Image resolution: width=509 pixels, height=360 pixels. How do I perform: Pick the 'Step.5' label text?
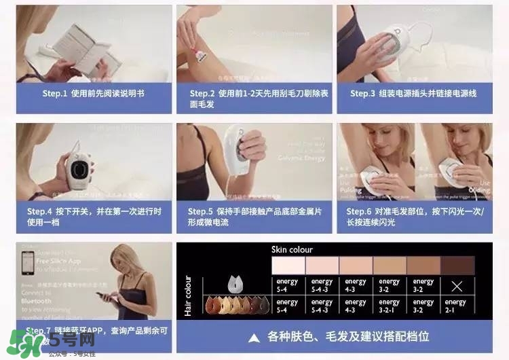202,211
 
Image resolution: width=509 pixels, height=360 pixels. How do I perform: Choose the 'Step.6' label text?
360,211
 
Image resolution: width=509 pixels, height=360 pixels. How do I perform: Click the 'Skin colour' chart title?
292,249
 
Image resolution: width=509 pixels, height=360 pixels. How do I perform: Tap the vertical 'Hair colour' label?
188,296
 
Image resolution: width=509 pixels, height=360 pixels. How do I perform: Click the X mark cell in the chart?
457,285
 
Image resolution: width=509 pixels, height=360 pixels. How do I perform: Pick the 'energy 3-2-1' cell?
390,305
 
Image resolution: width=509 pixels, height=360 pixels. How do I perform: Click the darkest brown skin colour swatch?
457,266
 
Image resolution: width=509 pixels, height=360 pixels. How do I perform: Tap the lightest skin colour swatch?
288,266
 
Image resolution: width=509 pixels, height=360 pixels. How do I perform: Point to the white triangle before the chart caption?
254,337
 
